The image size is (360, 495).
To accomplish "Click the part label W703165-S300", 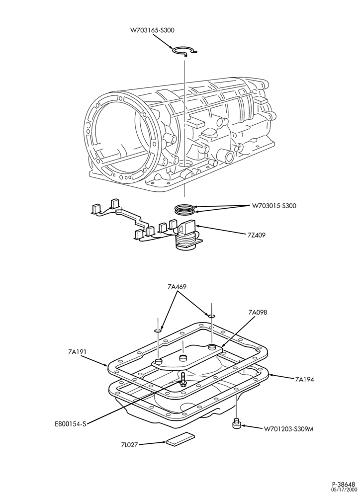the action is pos(152,30).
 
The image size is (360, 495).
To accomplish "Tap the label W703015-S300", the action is pos(274,206).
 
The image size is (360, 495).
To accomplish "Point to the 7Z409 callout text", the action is pos(257,235).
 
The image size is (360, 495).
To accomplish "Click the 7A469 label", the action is pos(177,287).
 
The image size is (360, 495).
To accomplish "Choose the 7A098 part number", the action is pos(258,312).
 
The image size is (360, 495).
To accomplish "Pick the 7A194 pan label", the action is pos(304,380).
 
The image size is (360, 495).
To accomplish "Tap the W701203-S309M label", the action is pos(288,429).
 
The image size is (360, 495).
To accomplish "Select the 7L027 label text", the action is pos(129,445).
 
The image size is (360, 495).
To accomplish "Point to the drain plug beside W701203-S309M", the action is pos(236,423).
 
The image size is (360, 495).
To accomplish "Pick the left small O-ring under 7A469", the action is pos(158,330).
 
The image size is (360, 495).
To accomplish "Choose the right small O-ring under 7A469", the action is pos(211,316).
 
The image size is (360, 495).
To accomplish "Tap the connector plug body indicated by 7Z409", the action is pos(187,234).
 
